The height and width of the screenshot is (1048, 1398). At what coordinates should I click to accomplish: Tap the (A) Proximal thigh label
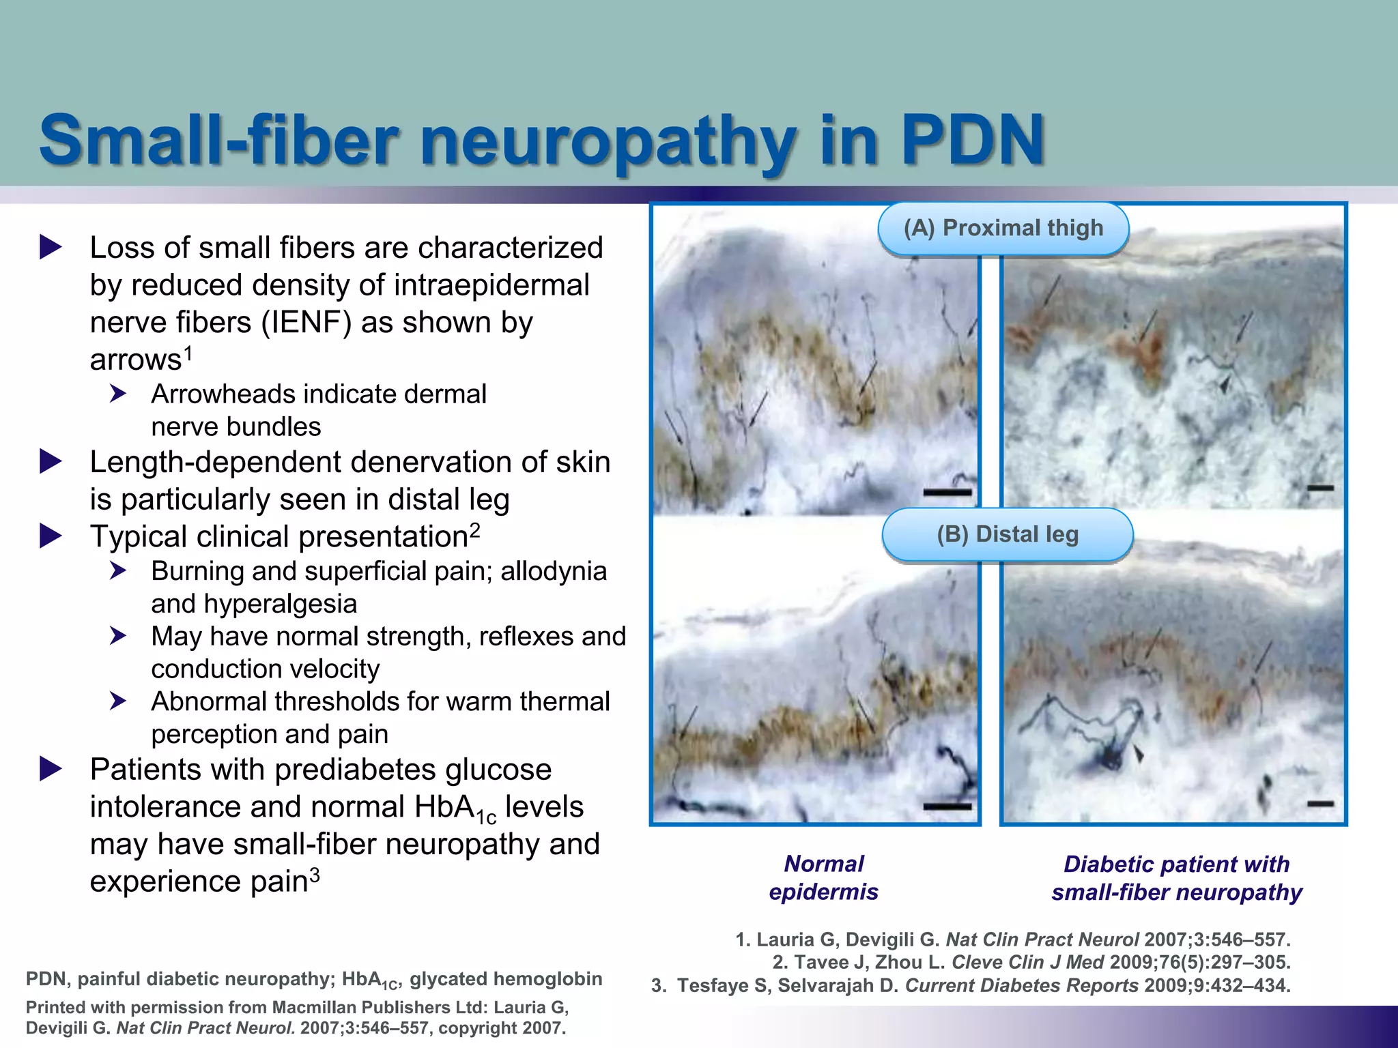point(1003,228)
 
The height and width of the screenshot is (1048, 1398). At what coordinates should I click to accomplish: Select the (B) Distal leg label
point(1008,534)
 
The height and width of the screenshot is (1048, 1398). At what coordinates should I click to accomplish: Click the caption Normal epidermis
point(823,877)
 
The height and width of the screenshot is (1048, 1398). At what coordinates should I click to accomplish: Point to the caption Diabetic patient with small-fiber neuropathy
point(1176,878)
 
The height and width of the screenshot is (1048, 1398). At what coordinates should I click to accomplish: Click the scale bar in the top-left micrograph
point(947,492)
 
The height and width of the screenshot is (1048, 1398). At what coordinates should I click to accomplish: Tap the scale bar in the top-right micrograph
point(1320,489)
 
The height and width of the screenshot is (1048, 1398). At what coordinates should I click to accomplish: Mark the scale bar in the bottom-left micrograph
point(947,806)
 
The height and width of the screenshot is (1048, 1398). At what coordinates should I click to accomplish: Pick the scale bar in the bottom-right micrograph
point(1320,804)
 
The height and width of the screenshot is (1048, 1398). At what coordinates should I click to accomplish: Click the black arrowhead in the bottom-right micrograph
point(1138,753)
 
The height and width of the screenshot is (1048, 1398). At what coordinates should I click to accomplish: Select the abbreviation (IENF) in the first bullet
point(306,322)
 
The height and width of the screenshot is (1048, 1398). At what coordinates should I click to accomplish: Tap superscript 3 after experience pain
point(315,874)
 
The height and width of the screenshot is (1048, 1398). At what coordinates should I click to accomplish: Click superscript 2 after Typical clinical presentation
point(475,529)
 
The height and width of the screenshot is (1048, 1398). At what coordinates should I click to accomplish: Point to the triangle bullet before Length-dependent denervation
point(51,462)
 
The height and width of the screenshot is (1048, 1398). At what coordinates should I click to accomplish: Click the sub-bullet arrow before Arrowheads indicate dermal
point(118,394)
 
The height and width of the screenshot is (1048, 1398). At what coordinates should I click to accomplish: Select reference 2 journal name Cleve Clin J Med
point(1027,963)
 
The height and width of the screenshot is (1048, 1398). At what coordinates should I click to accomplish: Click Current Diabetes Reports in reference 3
point(1021,986)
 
